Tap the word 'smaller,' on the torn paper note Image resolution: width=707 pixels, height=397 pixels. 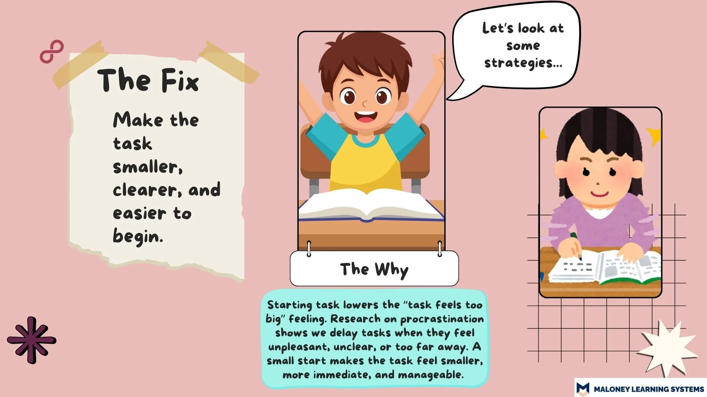[148, 167]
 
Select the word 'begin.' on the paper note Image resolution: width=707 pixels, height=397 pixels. [138, 236]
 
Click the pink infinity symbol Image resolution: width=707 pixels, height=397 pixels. [52, 51]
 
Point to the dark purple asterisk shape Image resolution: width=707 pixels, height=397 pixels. [32, 340]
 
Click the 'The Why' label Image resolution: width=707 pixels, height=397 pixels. [374, 269]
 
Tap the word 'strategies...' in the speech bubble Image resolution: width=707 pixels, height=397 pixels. [523, 63]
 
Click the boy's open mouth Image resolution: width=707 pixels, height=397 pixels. [366, 117]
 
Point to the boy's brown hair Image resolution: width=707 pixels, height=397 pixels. [365, 55]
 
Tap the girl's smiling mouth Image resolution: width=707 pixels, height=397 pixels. [599, 193]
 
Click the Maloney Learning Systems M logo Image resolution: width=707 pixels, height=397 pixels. [583, 388]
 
